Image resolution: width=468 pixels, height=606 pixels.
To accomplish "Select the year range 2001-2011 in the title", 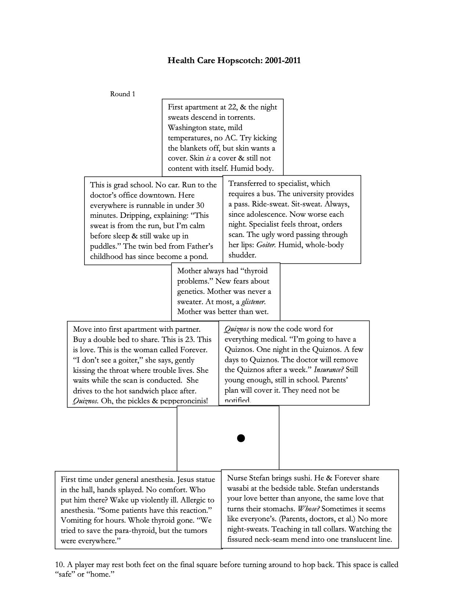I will pyautogui.click(x=282, y=60).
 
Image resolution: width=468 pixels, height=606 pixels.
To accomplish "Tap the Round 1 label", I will pyautogui.click(x=123, y=94).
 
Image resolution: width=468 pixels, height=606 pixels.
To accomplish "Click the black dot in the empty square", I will pyautogui.click(x=241, y=438).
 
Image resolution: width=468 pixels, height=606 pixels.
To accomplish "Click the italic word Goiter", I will pyautogui.click(x=266, y=245).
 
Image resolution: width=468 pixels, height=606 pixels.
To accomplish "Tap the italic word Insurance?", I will pyautogui.click(x=329, y=370).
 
